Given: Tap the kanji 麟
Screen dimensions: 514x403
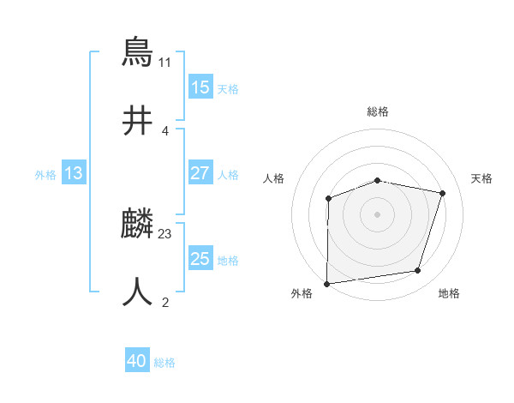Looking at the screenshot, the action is pyautogui.click(x=138, y=226).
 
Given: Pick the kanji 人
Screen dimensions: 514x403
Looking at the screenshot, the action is pyautogui.click(x=138, y=292).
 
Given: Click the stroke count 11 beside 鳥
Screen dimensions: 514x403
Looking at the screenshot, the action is pyautogui.click(x=165, y=63).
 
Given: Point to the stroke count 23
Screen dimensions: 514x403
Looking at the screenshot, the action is pyautogui.click(x=165, y=232).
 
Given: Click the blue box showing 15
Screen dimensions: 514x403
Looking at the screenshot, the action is pyautogui.click(x=200, y=87).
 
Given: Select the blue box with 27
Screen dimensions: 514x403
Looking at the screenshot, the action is pyautogui.click(x=200, y=173).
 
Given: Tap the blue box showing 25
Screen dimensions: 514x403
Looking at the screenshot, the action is pyautogui.click(x=200, y=259).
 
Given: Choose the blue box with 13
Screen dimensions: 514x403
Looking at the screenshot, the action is pyautogui.click(x=74, y=173).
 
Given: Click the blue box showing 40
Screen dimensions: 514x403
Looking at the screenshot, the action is pyautogui.click(x=137, y=361).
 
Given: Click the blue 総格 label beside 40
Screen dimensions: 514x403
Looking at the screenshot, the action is pyautogui.click(x=164, y=363).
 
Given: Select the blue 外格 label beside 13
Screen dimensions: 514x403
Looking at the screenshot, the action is pyautogui.click(x=45, y=175).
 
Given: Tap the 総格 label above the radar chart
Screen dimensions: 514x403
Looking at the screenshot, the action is pyautogui.click(x=378, y=111).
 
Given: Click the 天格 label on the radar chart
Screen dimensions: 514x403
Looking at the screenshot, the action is pyautogui.click(x=481, y=178).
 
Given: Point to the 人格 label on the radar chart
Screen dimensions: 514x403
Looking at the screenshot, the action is pyautogui.click(x=273, y=178).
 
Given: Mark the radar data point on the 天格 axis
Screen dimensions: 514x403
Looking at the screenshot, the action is pyautogui.click(x=443, y=193).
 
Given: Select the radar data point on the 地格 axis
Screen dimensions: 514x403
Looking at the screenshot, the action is pyautogui.click(x=418, y=271).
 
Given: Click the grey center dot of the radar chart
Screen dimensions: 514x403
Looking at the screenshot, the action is pyautogui.click(x=377, y=214).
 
